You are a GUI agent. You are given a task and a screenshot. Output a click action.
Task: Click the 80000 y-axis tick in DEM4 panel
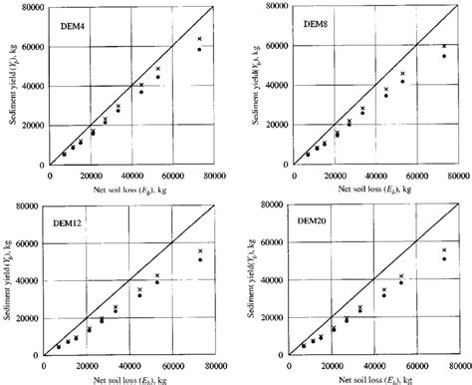click(x=30, y=8)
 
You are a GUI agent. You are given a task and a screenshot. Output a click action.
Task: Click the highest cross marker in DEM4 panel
click(x=199, y=39)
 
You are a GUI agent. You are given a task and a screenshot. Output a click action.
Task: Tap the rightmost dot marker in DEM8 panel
click(x=444, y=56)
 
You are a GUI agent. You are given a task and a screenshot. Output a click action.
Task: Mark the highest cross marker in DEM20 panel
click(x=444, y=249)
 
